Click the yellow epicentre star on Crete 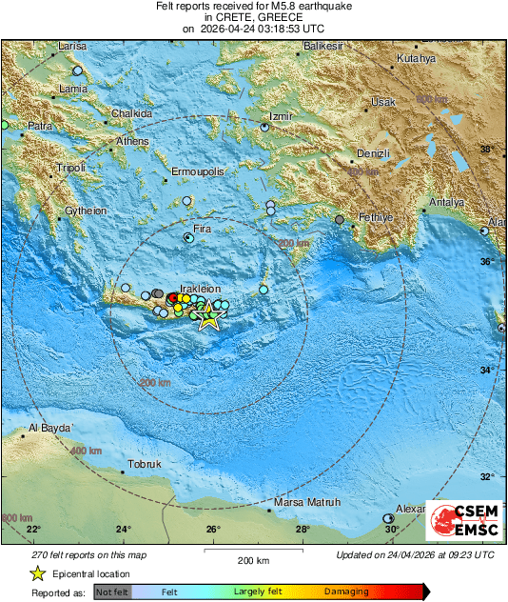tap(208, 319)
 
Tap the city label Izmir tap(280, 116)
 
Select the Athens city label tap(133, 142)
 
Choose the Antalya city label tap(446, 203)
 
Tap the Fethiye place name tap(375, 218)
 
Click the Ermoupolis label tap(197, 171)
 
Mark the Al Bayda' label tap(51, 429)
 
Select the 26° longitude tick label tap(213, 530)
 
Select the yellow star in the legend tap(37, 573)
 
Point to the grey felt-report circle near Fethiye tap(340, 220)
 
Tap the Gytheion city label tap(86, 211)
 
